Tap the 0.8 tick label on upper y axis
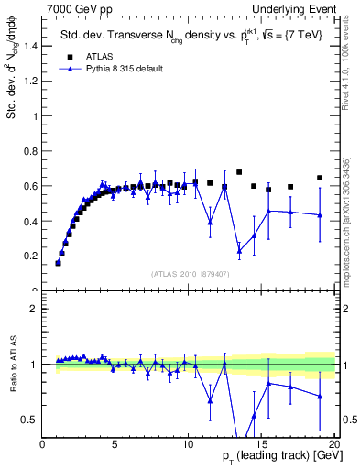31,150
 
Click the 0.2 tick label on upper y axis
31,256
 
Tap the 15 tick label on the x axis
261,445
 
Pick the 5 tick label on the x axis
115,445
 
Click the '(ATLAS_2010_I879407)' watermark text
189,273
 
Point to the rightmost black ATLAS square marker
320,178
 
